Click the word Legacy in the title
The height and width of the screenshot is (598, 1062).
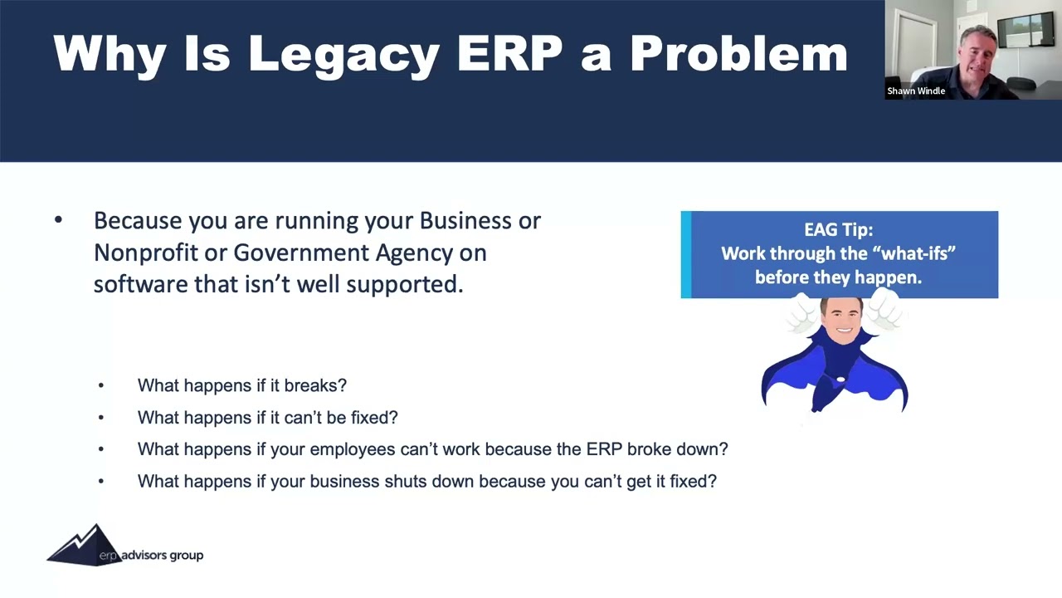click(343, 55)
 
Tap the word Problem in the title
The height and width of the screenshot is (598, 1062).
click(738, 53)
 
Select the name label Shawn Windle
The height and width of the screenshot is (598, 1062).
click(916, 91)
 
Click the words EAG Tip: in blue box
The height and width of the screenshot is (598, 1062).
click(838, 230)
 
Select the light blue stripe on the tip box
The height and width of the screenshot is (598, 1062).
click(685, 254)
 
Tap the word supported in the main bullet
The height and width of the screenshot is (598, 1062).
click(404, 284)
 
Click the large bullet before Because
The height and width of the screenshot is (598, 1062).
click(58, 221)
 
